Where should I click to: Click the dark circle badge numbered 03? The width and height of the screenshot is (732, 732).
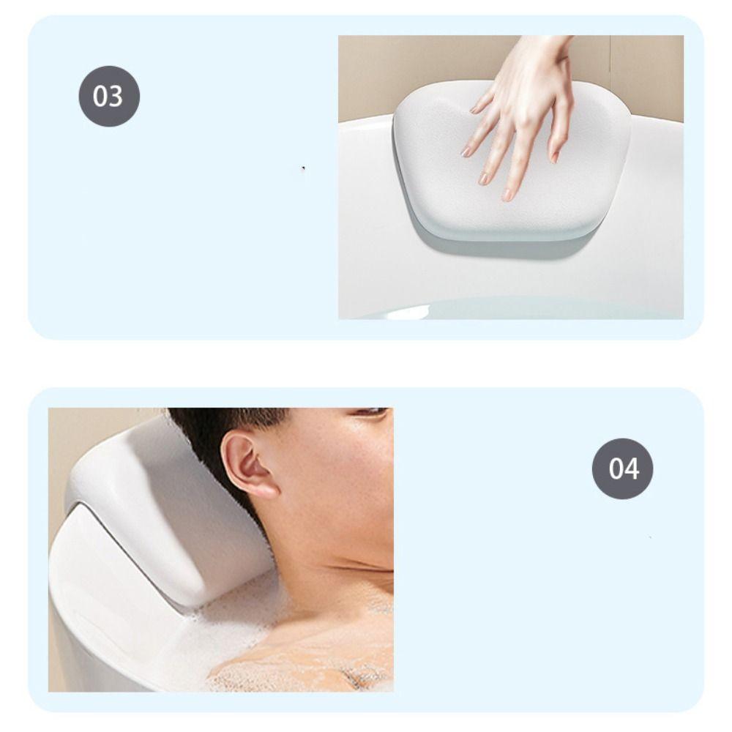[x=109, y=96]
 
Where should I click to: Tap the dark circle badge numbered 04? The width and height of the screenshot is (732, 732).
[x=622, y=468]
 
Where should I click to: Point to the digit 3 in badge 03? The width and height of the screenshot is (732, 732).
[x=116, y=97]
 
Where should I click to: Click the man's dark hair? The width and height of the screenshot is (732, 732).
[x=220, y=425]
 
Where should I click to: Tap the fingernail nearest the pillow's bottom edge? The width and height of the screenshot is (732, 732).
[x=507, y=195]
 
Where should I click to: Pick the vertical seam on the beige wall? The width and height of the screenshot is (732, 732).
[x=610, y=73]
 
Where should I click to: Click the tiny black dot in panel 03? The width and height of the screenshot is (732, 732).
[x=303, y=168]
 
